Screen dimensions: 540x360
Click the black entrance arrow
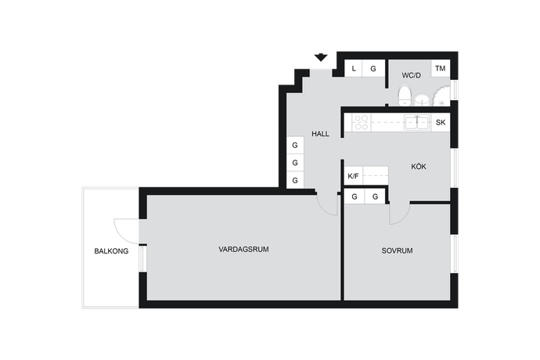point(321,58)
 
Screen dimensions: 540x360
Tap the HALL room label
point(320,134)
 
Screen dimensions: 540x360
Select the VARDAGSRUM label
point(243,249)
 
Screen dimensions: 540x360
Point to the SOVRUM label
point(397,250)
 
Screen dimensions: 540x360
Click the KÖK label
point(419,167)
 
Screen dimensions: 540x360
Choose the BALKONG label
point(111,251)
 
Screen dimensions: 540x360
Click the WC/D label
point(411,75)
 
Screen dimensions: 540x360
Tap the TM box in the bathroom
point(441,68)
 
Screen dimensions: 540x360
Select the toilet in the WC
point(405,95)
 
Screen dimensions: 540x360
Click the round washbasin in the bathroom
point(422,100)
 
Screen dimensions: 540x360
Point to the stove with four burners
point(362,123)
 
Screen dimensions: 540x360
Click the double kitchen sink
point(417,123)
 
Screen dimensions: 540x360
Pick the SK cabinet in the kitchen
point(441,122)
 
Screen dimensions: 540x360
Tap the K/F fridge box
point(353,176)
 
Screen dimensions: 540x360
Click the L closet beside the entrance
point(354,69)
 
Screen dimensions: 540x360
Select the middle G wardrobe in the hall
point(295,163)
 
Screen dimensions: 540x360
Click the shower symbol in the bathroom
point(441,96)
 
